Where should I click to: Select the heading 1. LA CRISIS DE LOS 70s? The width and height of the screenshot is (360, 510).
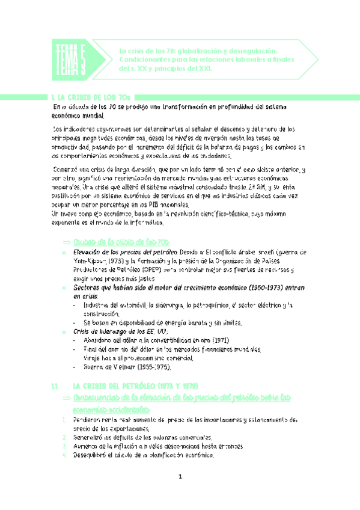click(90, 97)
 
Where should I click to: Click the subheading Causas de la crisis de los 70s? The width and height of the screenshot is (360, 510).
click(117, 241)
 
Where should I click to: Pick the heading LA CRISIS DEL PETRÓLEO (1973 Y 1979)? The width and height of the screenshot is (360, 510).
click(135, 385)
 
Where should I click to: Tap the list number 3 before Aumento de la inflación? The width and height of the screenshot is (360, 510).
click(66, 447)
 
